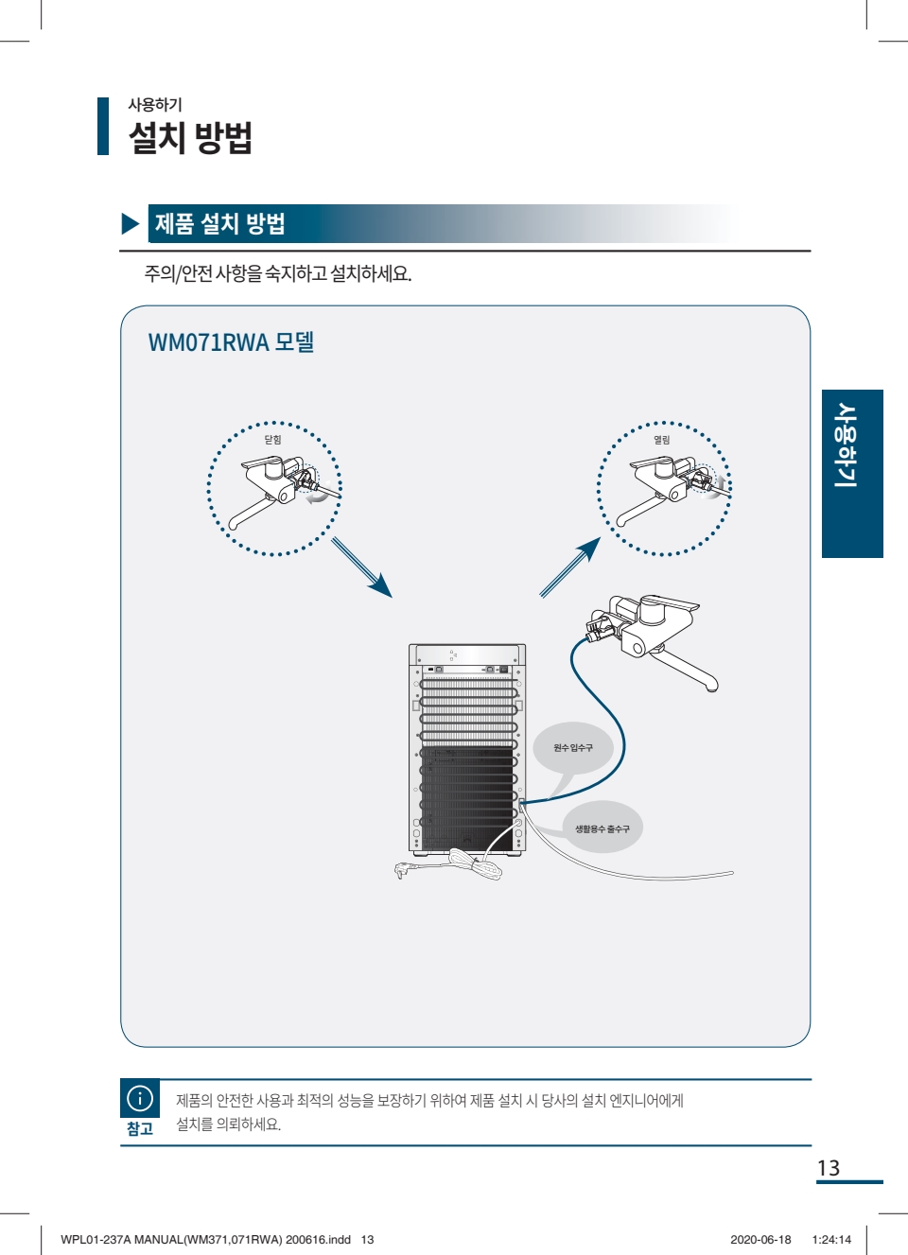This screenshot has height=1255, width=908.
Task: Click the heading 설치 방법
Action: click(190, 138)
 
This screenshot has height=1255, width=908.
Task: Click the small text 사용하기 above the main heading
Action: click(155, 105)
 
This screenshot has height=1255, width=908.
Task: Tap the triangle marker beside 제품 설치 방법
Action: click(131, 223)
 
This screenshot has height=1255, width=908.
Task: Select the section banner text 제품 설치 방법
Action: click(219, 224)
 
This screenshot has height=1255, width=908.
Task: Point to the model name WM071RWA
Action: click(209, 342)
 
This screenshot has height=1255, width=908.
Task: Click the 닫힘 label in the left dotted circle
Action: click(272, 440)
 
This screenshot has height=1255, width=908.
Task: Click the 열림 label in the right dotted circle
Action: click(662, 440)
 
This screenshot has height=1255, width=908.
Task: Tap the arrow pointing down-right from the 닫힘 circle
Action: click(361, 568)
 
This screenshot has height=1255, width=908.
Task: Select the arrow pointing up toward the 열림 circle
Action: click(570, 567)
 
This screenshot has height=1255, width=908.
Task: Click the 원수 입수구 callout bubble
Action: click(573, 748)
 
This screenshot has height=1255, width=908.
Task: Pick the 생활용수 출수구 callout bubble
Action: click(602, 829)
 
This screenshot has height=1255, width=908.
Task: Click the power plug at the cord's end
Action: click(404, 869)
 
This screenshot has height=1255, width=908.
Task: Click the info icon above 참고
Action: click(140, 1098)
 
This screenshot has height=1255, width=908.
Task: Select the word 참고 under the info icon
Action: click(140, 1129)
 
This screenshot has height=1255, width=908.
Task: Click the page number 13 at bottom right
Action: click(829, 1169)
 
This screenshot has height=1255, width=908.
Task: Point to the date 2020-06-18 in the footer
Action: click(760, 1240)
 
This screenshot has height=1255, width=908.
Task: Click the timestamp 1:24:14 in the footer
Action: click(831, 1240)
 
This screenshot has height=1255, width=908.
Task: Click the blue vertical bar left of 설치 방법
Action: click(103, 126)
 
